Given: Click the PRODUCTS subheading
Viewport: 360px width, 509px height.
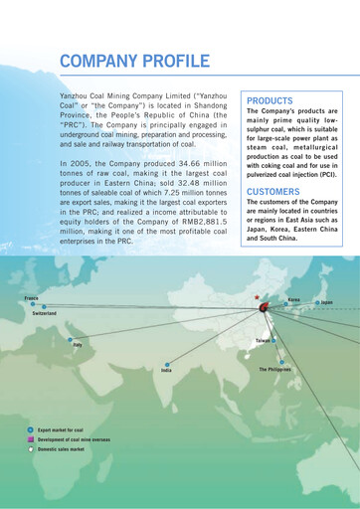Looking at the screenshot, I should pyautogui.click(x=269, y=101).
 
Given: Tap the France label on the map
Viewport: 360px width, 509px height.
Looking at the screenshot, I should pyautogui.click(x=32, y=298).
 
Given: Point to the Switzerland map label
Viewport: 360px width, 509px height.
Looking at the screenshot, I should pyautogui.click(x=45, y=313).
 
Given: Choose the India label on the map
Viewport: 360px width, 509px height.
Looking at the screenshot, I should pyautogui.click(x=166, y=370).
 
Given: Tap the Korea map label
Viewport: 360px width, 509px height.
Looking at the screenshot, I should pyautogui.click(x=293, y=299).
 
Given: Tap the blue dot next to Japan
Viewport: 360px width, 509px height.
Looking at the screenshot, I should pyautogui.click(x=316, y=302).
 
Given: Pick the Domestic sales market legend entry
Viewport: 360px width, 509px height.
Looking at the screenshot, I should pyautogui.click(x=61, y=449).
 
